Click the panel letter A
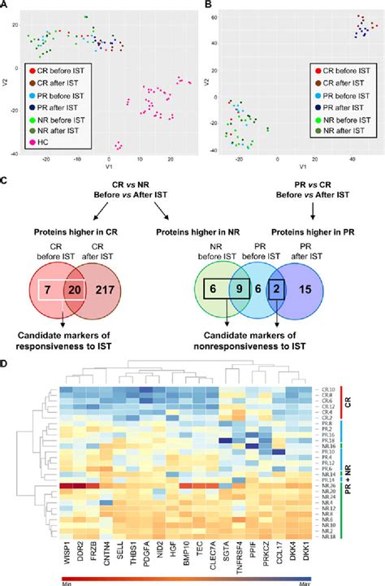click(x=6, y=5)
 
